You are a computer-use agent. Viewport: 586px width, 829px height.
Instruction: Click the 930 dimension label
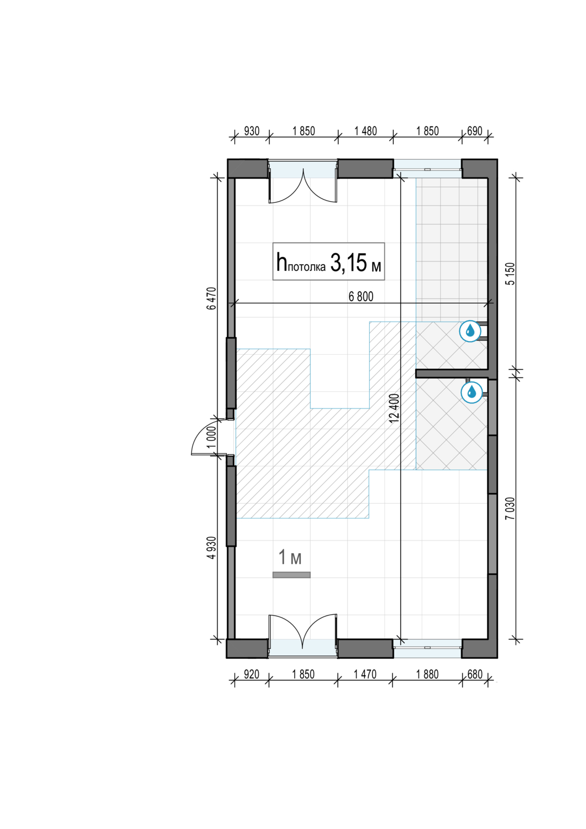tap(252, 131)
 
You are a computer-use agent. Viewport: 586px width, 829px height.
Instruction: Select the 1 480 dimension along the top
tap(365, 131)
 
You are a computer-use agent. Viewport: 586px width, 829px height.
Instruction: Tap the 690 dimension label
tap(475, 131)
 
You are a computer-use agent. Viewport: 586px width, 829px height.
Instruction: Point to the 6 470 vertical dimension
tap(211, 298)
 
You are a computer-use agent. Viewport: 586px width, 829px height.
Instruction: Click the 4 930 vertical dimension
tap(211, 548)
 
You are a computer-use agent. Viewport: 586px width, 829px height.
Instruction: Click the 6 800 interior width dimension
tap(361, 296)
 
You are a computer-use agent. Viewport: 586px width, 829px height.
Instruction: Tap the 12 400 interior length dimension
tap(395, 408)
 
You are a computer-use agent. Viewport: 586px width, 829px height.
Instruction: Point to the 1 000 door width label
tap(211, 437)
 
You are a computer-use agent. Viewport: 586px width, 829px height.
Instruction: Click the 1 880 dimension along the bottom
tap(427, 674)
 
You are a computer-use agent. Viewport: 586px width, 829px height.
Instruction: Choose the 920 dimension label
tap(252, 674)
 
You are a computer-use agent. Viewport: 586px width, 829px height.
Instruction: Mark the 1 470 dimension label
tap(365, 674)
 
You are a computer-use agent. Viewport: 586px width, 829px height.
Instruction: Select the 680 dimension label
tap(475, 674)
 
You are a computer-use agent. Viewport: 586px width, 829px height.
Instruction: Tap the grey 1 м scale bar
tap(291, 575)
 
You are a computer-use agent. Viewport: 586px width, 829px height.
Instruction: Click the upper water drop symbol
tap(470, 331)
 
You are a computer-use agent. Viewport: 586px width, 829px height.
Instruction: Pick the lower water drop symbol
tap(472, 392)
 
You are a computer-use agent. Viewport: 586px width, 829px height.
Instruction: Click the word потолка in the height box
tap(306, 267)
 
